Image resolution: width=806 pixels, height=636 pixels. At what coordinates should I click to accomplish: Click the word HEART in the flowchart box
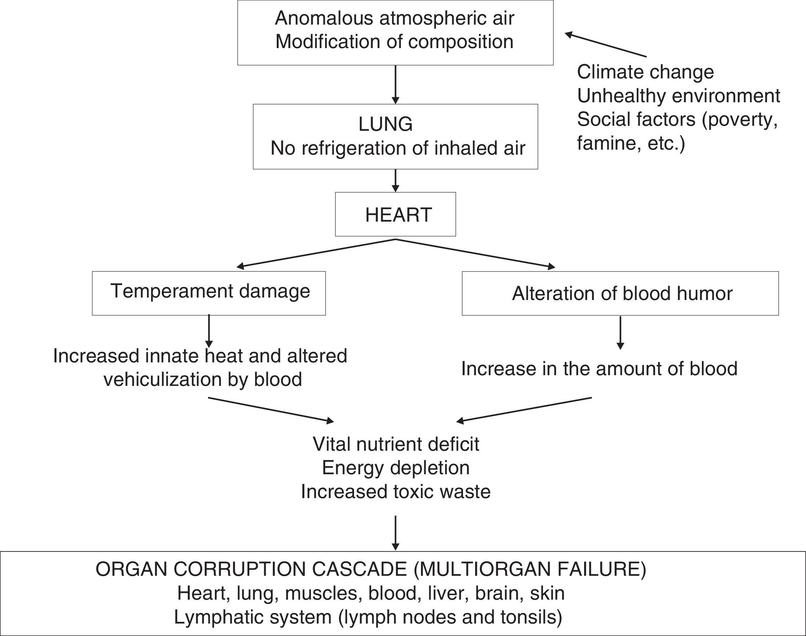coord(398,215)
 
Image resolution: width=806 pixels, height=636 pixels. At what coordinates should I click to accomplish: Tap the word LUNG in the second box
coord(385,124)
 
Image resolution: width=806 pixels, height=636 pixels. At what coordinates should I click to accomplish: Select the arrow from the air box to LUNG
coord(396,84)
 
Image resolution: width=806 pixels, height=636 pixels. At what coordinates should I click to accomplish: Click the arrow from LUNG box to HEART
coord(396,181)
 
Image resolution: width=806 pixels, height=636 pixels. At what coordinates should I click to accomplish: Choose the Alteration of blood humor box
coord(620,294)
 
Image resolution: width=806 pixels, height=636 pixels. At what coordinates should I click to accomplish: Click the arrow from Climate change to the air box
coord(605,45)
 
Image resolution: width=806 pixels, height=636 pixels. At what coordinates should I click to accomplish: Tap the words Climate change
coord(645,72)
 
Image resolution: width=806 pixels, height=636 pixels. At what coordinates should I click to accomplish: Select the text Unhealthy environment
coord(678,96)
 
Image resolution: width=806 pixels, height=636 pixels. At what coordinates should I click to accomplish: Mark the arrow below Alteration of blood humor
coord(620,333)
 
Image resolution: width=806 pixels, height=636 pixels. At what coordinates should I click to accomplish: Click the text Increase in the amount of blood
coord(599,369)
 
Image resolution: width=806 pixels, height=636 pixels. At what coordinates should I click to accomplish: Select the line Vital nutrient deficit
coord(396,444)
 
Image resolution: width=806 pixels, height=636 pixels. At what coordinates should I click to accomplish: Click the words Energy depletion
coord(396,468)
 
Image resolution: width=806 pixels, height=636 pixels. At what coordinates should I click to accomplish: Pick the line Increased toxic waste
coord(396,492)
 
